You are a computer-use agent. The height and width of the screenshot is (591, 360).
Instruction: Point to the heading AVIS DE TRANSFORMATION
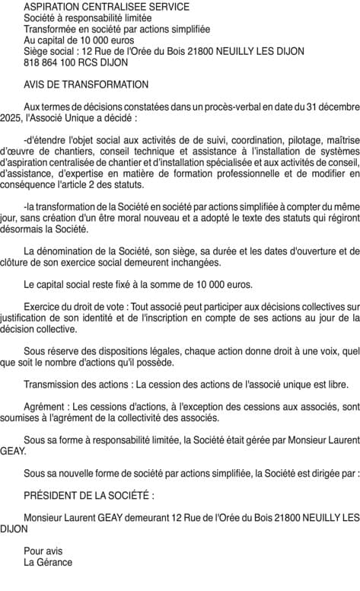(x=86, y=85)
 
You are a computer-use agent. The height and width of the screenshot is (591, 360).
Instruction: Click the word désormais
(x=24, y=230)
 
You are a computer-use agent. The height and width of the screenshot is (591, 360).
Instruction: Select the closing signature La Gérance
(x=48, y=563)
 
